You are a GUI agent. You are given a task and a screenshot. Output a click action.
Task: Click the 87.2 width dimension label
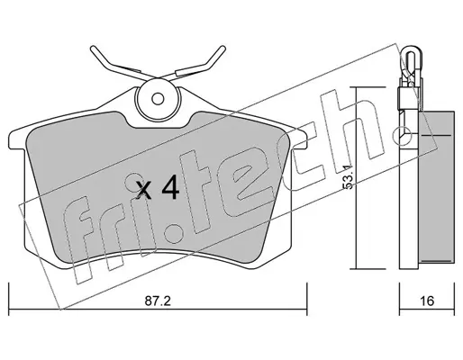click(x=158, y=301)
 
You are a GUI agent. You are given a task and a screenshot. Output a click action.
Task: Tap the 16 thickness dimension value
click(x=427, y=301)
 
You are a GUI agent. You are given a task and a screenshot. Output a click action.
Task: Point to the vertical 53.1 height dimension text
click(x=347, y=176)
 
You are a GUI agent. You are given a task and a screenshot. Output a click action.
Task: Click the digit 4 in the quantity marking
click(x=170, y=187)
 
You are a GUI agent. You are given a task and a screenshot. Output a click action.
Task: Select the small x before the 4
click(x=143, y=191)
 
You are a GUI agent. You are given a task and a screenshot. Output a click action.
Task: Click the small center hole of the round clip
click(x=158, y=99)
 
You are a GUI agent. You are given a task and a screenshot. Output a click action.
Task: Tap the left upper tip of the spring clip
click(x=93, y=48)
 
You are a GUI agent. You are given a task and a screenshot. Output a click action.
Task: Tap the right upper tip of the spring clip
click(x=222, y=48)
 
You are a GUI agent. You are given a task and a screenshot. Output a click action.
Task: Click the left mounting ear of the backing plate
click(x=17, y=139)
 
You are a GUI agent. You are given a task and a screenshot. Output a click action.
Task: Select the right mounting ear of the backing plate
click(x=298, y=139)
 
